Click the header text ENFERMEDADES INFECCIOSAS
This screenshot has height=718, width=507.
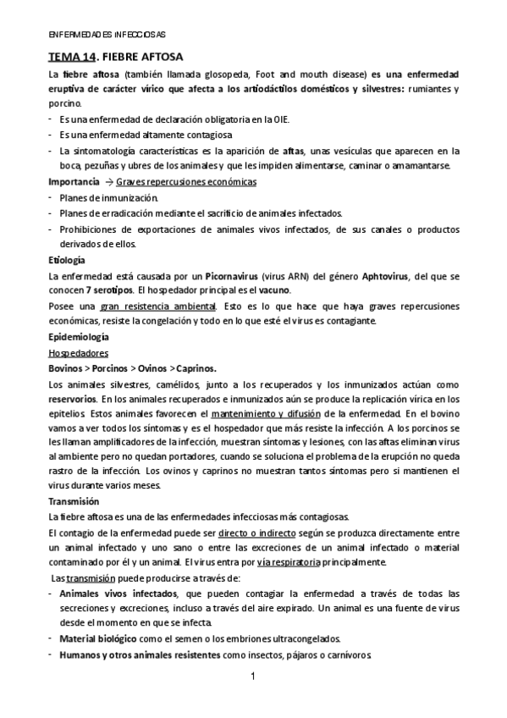point(106,35)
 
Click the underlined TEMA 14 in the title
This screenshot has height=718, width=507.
point(70,58)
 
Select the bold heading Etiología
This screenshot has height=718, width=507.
point(67,260)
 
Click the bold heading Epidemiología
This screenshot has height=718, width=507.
point(77,337)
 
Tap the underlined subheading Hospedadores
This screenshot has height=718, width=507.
point(74,352)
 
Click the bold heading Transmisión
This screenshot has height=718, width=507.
point(74,501)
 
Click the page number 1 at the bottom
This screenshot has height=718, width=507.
point(253,677)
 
